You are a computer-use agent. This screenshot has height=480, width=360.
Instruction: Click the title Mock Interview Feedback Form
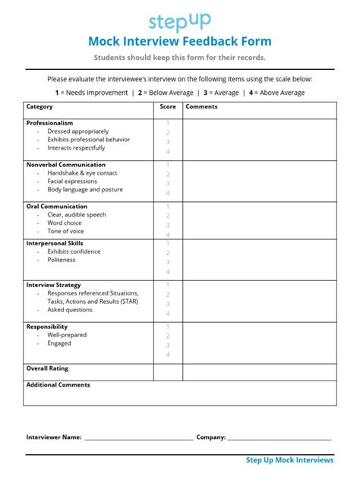[179, 42]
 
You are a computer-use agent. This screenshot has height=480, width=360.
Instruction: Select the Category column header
[39, 107]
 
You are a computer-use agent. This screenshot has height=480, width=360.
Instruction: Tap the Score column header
[168, 107]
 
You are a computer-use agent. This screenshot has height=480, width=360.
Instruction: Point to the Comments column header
[201, 107]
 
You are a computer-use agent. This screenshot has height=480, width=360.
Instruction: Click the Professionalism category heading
[50, 123]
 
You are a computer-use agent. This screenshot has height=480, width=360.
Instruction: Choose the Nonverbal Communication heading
[66, 165]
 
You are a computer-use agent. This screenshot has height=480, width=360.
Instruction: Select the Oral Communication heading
[55, 206]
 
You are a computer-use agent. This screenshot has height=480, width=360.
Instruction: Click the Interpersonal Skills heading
[55, 243]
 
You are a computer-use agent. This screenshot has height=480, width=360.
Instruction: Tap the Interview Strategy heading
[53, 285]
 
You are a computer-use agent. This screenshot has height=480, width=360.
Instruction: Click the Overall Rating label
[47, 368]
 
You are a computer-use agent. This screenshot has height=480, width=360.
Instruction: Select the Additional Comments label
[58, 385]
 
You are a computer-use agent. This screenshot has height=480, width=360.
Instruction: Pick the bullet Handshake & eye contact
[82, 173]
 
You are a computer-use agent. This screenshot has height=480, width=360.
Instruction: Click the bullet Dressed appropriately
[77, 131]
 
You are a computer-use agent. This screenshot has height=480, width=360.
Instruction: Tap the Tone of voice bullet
[66, 231]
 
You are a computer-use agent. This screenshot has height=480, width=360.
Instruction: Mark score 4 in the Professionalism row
[168, 151]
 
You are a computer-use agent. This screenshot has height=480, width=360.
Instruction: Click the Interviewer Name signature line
[138, 439]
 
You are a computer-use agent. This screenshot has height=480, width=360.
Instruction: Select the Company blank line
[279, 439]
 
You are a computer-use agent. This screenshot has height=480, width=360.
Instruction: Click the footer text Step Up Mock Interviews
[289, 460]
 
